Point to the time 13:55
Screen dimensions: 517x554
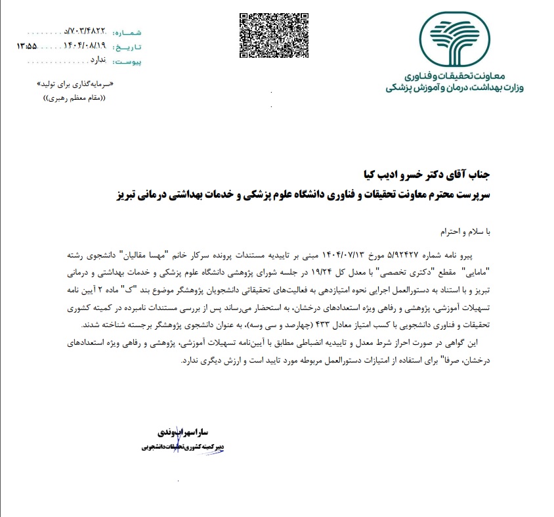[26, 47]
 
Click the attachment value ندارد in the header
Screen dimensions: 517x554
[97, 60]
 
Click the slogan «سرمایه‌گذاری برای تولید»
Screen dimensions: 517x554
[80, 85]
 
